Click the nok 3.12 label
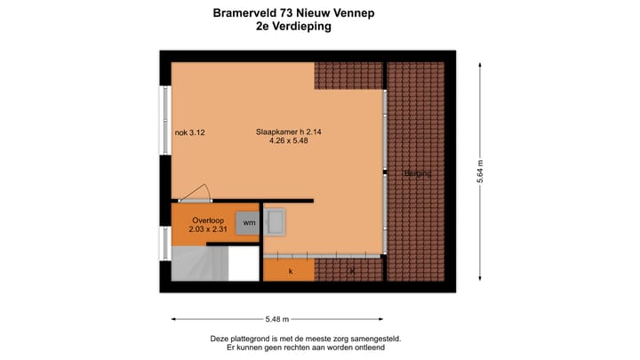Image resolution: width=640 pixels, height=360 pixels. [x=190, y=132]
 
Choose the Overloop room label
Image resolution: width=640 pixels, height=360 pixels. [x=207, y=220]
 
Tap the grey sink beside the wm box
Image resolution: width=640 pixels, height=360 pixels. [x=275, y=221]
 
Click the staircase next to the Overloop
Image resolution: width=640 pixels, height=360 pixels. [x=200, y=263]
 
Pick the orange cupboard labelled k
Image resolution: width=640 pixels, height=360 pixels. [x=289, y=269]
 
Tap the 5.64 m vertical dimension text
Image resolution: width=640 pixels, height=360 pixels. [x=481, y=171]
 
